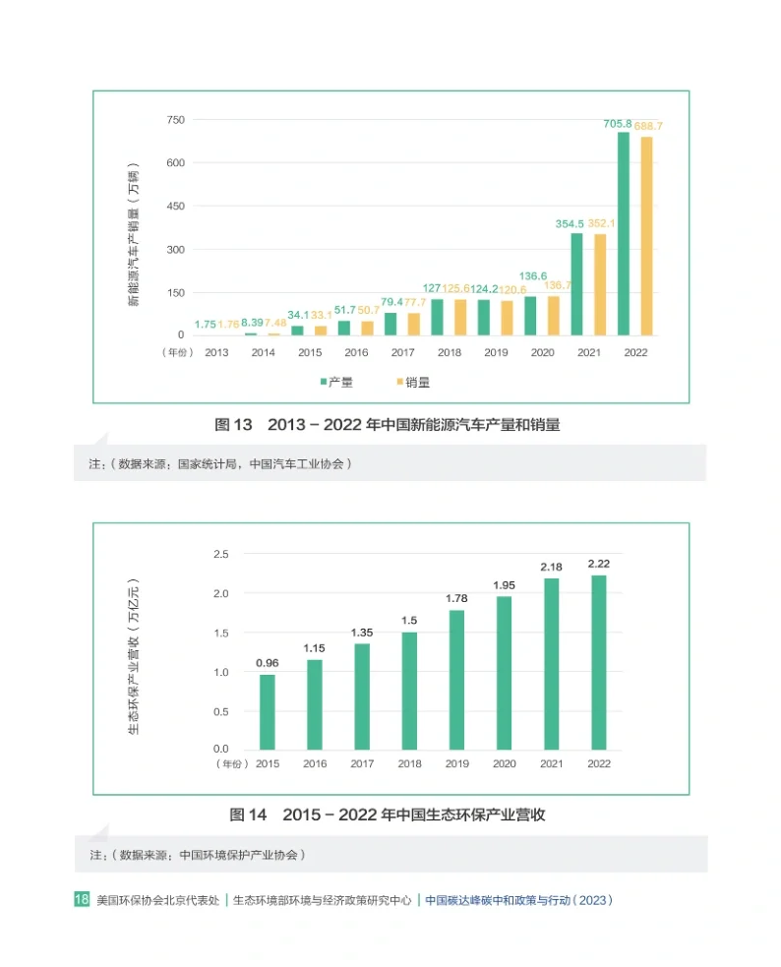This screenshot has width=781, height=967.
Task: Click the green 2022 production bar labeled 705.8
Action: (x=624, y=234)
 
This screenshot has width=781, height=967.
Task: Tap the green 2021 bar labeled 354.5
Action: (x=576, y=284)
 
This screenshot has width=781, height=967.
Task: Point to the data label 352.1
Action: (x=600, y=223)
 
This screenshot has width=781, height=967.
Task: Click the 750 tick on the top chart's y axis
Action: (x=175, y=120)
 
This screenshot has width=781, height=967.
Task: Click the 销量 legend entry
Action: (x=413, y=382)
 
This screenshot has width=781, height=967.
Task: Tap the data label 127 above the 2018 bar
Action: (x=431, y=288)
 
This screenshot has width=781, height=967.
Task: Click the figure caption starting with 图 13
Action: (x=393, y=425)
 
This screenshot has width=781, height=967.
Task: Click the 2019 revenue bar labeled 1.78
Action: (x=456, y=680)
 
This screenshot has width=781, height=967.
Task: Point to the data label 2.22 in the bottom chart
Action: (x=598, y=563)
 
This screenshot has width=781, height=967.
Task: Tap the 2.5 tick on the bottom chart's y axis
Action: (x=220, y=555)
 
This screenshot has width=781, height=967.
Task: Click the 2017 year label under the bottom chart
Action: (x=362, y=763)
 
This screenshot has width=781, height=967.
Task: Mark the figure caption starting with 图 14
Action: (x=388, y=815)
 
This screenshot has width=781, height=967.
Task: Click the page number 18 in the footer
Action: (x=83, y=899)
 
